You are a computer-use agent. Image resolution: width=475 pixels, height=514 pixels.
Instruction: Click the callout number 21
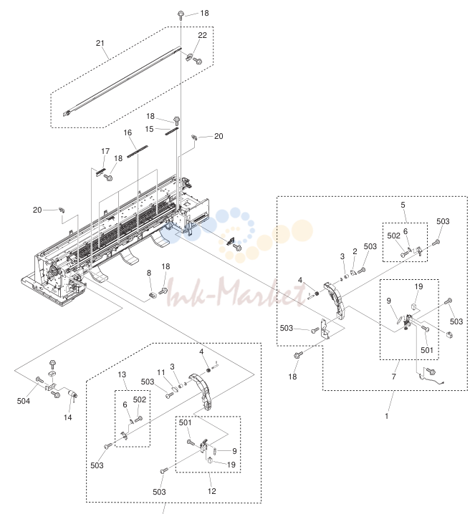(x=100, y=43)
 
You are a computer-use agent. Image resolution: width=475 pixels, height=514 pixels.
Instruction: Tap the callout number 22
(x=203, y=35)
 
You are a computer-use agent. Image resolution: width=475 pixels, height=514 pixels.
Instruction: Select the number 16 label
(x=128, y=132)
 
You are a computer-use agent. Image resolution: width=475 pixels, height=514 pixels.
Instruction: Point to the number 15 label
(x=149, y=129)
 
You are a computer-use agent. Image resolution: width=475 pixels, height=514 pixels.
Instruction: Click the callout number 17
(x=105, y=151)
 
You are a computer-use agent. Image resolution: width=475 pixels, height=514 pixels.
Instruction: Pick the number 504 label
(x=24, y=401)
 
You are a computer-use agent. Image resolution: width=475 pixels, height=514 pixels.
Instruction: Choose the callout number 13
(x=122, y=374)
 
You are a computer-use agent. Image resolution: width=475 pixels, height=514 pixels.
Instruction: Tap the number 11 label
(x=161, y=372)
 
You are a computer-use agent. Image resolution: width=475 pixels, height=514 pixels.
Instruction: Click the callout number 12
(x=212, y=491)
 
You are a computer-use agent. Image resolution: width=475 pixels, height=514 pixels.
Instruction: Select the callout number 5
(x=403, y=205)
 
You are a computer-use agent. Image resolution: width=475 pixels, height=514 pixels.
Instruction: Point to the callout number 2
(x=355, y=251)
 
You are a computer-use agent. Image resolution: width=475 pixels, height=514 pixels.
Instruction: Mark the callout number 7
(x=393, y=377)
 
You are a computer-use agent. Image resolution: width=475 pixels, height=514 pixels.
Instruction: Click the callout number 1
(x=387, y=416)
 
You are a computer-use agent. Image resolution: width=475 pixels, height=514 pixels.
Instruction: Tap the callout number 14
(x=67, y=417)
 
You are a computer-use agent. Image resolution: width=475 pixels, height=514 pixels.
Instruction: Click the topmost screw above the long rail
(x=181, y=15)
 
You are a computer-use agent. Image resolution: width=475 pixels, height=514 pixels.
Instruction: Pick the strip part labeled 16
(x=138, y=152)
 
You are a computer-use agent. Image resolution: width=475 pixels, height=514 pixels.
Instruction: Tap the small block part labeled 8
(x=152, y=295)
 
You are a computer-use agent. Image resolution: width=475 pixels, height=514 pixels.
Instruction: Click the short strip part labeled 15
(x=172, y=131)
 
